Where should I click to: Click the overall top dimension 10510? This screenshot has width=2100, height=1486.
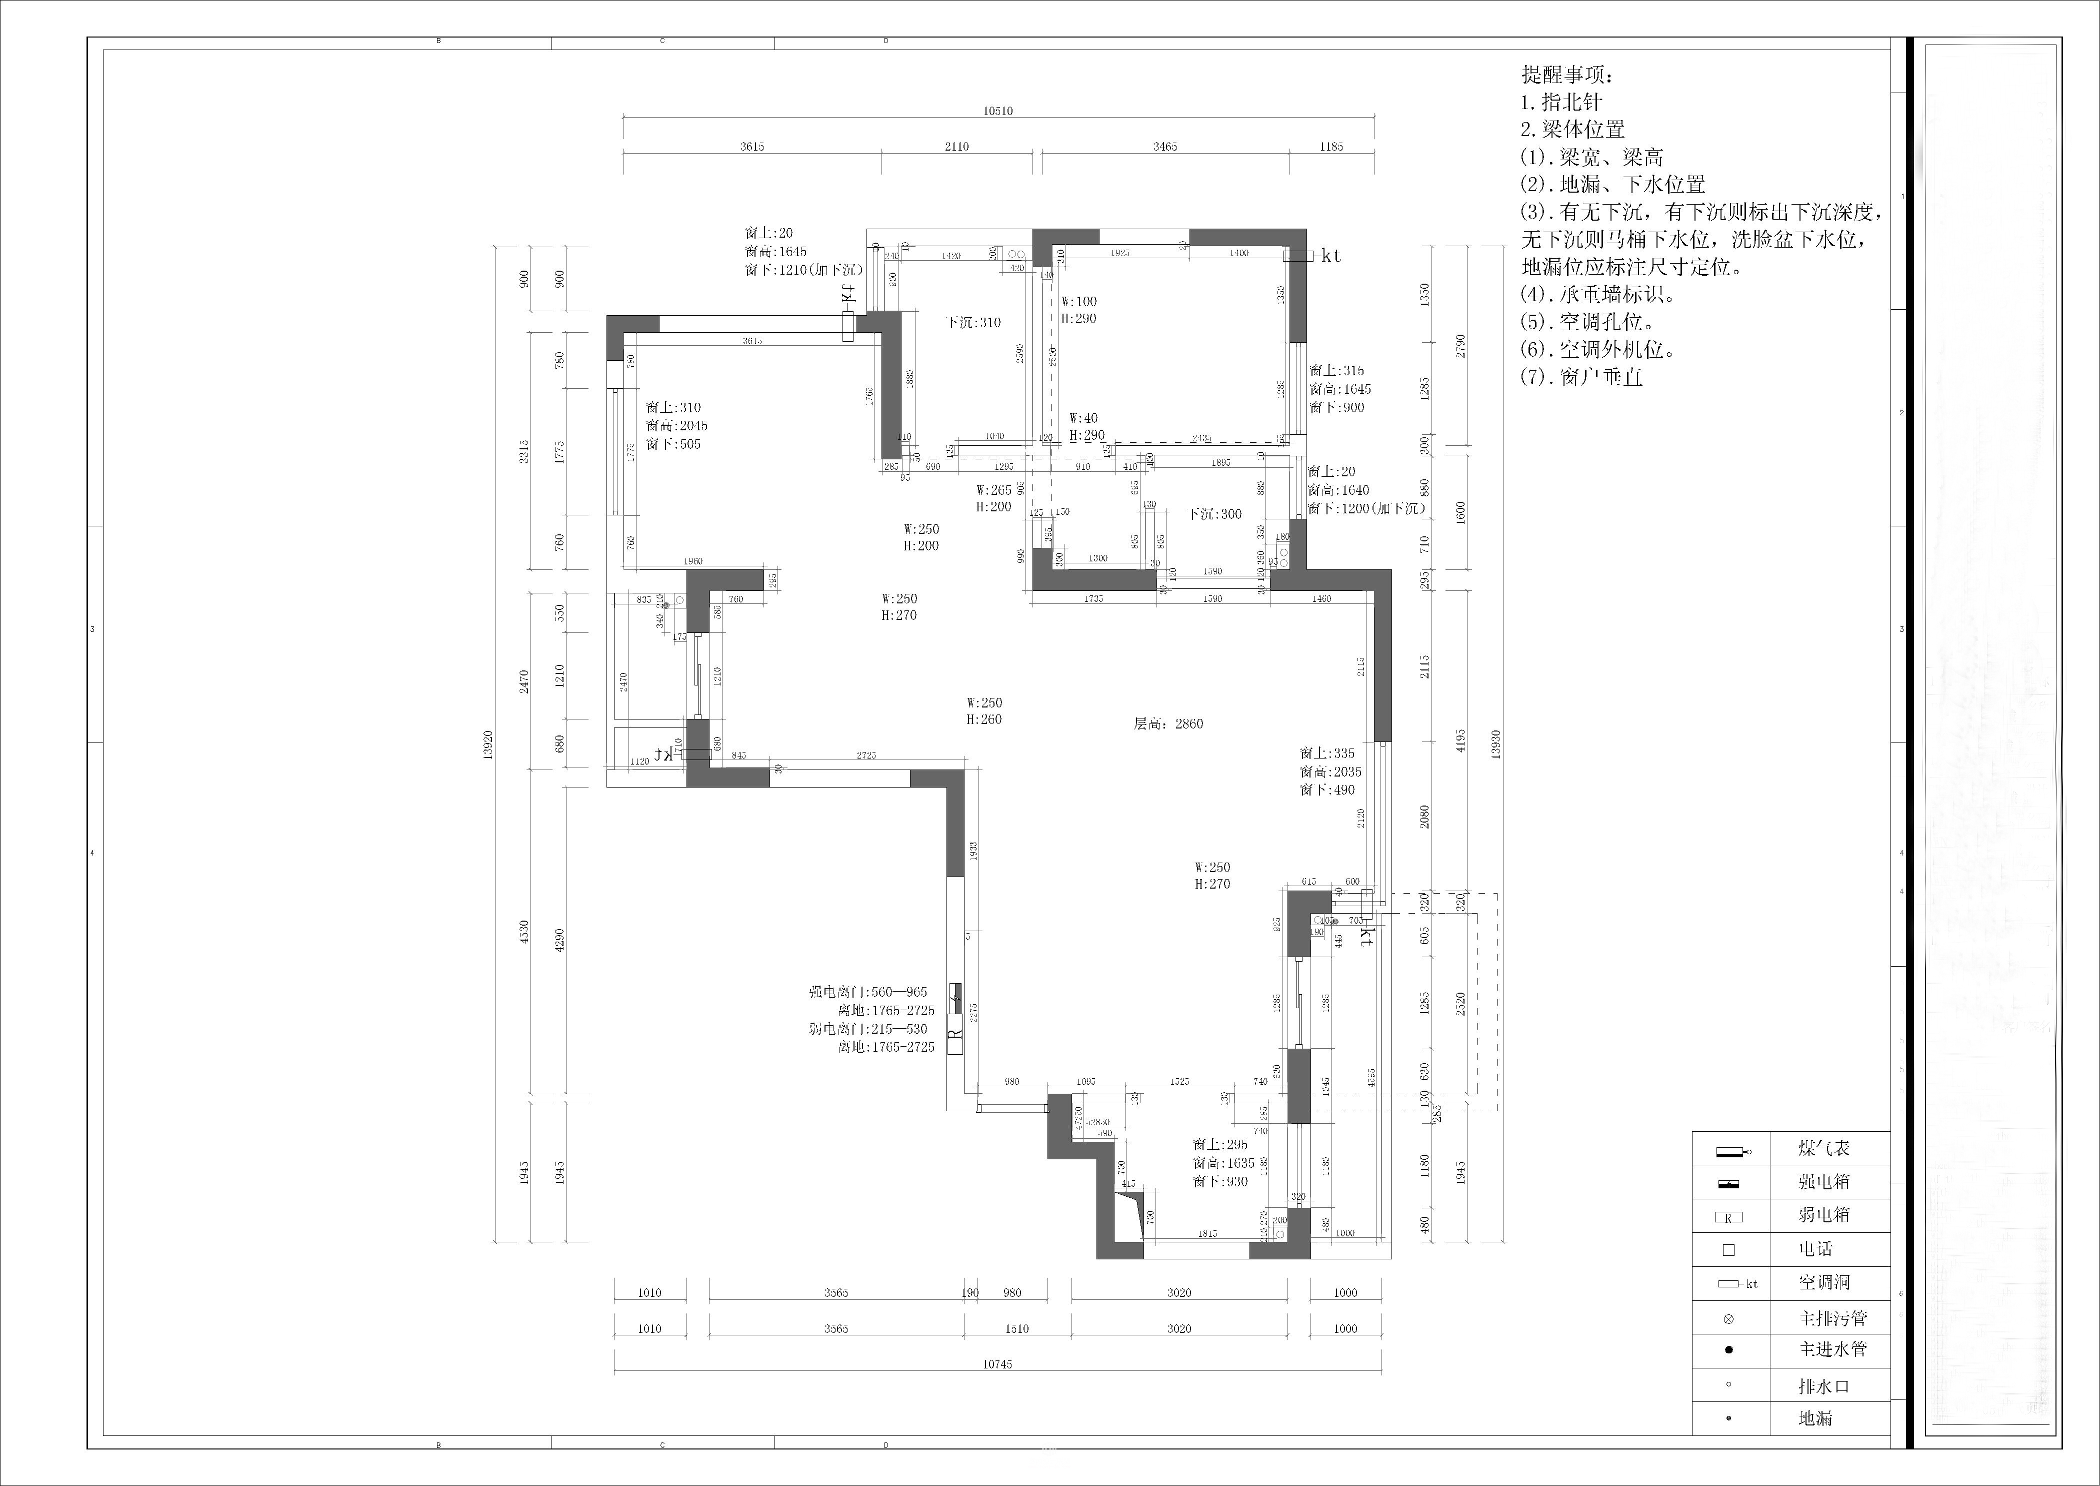point(998,111)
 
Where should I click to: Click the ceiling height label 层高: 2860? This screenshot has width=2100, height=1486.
point(1168,724)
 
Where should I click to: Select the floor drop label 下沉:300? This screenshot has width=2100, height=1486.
point(1214,514)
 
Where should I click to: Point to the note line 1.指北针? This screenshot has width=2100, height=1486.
point(1561,103)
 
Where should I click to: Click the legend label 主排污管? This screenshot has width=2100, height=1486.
point(1833,1318)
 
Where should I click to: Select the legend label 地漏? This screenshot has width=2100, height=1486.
point(1815,1419)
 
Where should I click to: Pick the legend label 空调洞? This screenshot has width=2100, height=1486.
point(1824,1283)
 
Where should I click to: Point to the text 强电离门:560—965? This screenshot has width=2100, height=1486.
point(868,992)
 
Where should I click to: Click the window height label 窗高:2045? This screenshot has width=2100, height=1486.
point(676,425)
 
